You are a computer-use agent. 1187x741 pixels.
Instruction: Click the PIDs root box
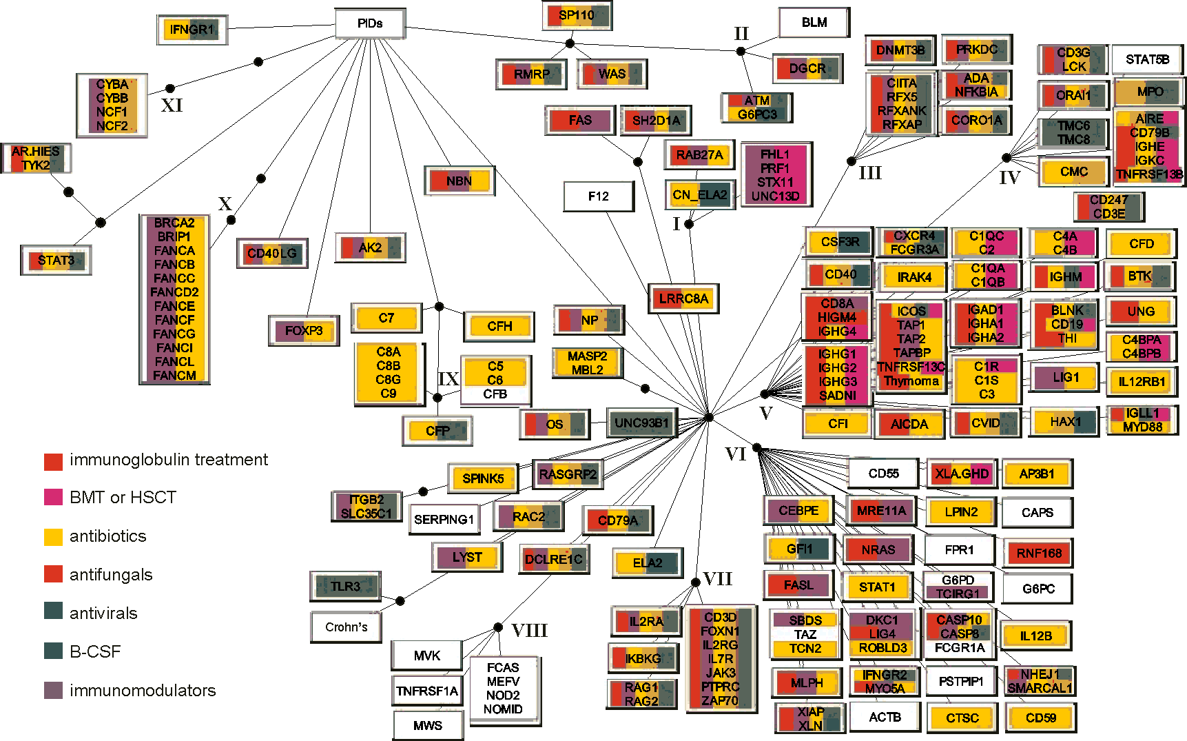click(x=370, y=23)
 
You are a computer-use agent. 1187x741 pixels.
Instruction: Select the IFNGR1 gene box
click(x=192, y=30)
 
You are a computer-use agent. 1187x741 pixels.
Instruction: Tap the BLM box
click(x=814, y=23)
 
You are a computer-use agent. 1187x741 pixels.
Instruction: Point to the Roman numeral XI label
click(x=172, y=105)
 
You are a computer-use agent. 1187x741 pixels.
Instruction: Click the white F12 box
click(x=599, y=196)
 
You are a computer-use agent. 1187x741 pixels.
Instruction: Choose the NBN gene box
click(x=460, y=181)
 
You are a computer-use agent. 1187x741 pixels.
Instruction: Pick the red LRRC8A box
click(x=683, y=298)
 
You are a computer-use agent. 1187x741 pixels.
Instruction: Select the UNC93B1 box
click(x=642, y=423)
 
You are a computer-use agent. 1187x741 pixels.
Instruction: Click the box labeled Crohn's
click(x=347, y=627)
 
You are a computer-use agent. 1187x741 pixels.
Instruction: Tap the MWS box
click(x=428, y=725)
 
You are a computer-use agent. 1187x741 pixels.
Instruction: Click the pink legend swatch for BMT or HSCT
click(x=53, y=498)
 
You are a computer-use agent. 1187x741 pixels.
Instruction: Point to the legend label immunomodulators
click(x=143, y=690)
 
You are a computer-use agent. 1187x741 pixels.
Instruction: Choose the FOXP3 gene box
click(x=304, y=331)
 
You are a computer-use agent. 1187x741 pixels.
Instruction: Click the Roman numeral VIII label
click(x=529, y=631)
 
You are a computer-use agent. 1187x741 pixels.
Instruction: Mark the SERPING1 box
click(x=444, y=519)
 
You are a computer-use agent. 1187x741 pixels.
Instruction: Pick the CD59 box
click(x=1041, y=718)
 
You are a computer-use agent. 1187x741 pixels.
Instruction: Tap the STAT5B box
click(x=1148, y=59)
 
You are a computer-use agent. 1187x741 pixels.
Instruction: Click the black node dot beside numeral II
click(x=741, y=51)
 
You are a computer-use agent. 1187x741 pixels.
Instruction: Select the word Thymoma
click(x=911, y=381)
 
